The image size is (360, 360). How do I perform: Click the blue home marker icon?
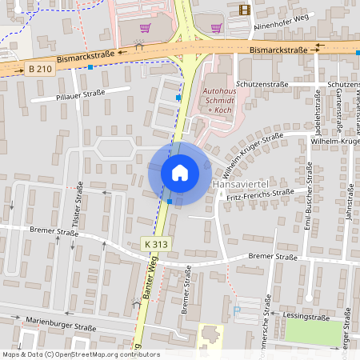180,173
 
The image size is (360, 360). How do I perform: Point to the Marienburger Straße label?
60,326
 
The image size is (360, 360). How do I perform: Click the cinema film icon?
244,10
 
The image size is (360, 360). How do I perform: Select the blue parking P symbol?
235,310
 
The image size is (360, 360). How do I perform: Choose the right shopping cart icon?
215,26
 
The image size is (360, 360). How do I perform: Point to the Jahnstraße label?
349,210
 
